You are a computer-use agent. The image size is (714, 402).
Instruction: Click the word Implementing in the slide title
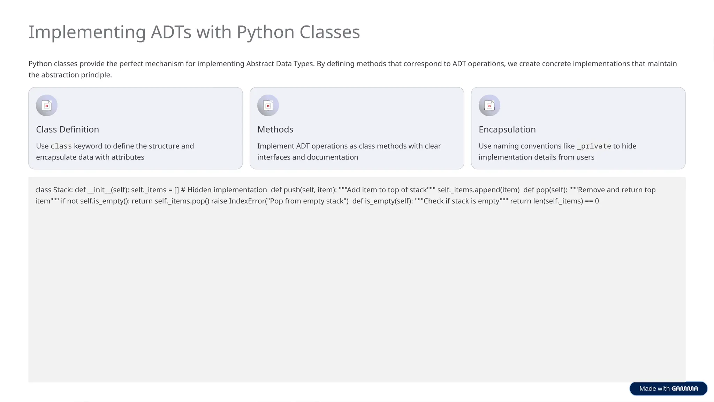87,32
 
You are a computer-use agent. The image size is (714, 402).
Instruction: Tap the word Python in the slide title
265,32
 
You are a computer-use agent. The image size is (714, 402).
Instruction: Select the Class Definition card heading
67,129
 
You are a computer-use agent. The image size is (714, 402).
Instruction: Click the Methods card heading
275,129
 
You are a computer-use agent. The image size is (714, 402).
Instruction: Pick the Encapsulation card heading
507,129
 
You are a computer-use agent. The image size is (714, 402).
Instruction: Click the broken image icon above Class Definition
47,105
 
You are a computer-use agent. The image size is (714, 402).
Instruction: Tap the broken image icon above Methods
268,105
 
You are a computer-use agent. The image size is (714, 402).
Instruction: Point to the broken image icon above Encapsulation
489,105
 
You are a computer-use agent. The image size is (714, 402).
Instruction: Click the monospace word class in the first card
61,146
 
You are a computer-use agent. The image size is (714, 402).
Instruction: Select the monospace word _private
594,146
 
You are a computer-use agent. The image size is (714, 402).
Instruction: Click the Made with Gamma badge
668,388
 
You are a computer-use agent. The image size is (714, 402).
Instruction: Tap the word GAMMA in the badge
684,388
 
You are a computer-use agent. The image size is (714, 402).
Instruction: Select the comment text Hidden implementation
227,190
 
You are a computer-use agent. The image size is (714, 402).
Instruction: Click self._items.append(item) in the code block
478,190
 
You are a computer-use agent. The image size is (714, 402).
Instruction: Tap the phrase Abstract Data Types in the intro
280,64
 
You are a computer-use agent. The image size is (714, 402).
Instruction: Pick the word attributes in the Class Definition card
128,157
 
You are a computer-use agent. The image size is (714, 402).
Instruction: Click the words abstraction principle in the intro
76,75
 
